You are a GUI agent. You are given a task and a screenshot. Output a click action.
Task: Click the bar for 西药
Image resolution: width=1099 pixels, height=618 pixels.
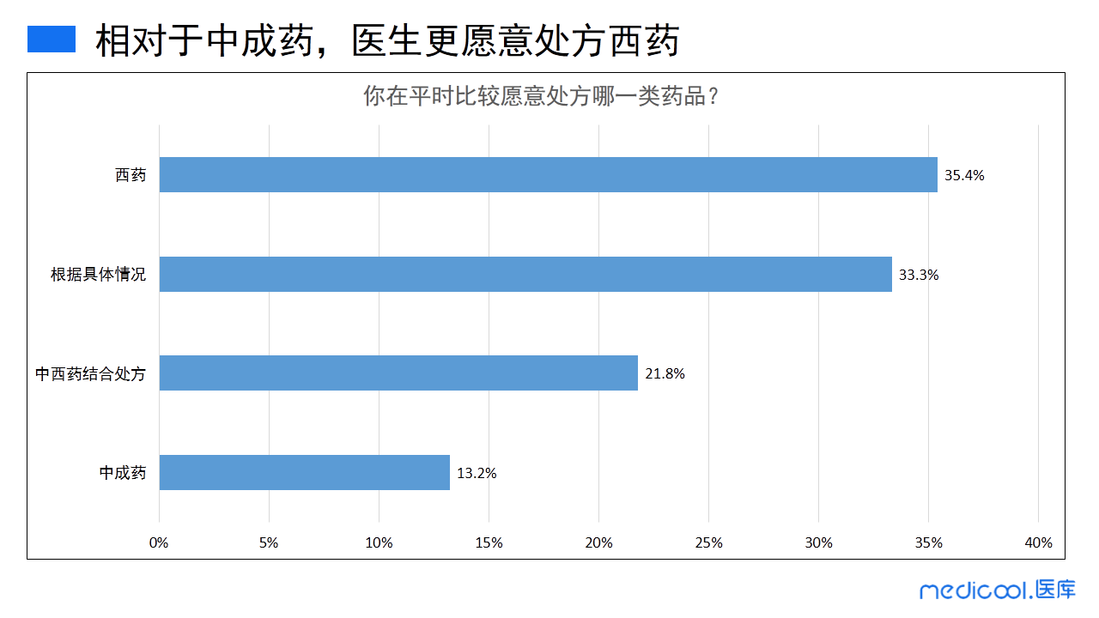(x=548, y=175)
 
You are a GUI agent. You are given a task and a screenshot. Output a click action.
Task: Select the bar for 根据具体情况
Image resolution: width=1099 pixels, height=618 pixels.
(x=525, y=275)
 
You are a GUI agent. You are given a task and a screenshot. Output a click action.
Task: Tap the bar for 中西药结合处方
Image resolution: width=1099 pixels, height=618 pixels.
(x=398, y=373)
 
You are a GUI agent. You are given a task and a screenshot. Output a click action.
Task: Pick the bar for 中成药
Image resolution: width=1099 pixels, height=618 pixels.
(x=305, y=472)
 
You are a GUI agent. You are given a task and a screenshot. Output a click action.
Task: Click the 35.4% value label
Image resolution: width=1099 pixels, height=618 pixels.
(x=964, y=176)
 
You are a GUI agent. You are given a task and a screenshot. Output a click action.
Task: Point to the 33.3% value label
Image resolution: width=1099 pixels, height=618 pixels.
(x=919, y=276)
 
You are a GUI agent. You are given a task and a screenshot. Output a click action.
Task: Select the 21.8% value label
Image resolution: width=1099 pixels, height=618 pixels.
(x=665, y=374)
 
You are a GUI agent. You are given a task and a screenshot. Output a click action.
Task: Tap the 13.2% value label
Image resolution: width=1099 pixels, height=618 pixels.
(x=477, y=473)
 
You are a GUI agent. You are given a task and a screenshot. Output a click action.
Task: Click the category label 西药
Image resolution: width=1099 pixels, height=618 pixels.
(x=131, y=176)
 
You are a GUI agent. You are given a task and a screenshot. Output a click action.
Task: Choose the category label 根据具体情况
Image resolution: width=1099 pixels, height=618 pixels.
(x=98, y=276)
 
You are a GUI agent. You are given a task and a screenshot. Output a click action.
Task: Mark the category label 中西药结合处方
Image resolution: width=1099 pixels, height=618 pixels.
(x=90, y=374)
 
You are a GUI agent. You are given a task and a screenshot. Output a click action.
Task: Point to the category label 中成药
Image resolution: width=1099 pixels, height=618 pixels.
(x=122, y=473)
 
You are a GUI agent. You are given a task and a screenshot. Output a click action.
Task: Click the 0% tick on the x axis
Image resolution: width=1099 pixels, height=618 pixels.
(x=159, y=543)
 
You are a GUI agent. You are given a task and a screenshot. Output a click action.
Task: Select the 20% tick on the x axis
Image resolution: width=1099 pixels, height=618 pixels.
(x=598, y=543)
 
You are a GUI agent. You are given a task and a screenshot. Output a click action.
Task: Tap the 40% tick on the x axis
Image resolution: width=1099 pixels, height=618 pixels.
(x=1038, y=543)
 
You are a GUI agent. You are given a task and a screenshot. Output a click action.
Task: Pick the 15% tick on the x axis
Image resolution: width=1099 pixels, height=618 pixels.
(x=489, y=543)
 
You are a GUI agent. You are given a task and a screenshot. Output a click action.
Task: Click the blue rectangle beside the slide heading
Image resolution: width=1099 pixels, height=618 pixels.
(x=52, y=39)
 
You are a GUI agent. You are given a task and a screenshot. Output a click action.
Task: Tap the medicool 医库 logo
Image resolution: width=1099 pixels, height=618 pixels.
(x=997, y=591)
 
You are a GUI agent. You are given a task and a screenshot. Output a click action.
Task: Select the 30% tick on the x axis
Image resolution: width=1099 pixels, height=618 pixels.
(x=818, y=543)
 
